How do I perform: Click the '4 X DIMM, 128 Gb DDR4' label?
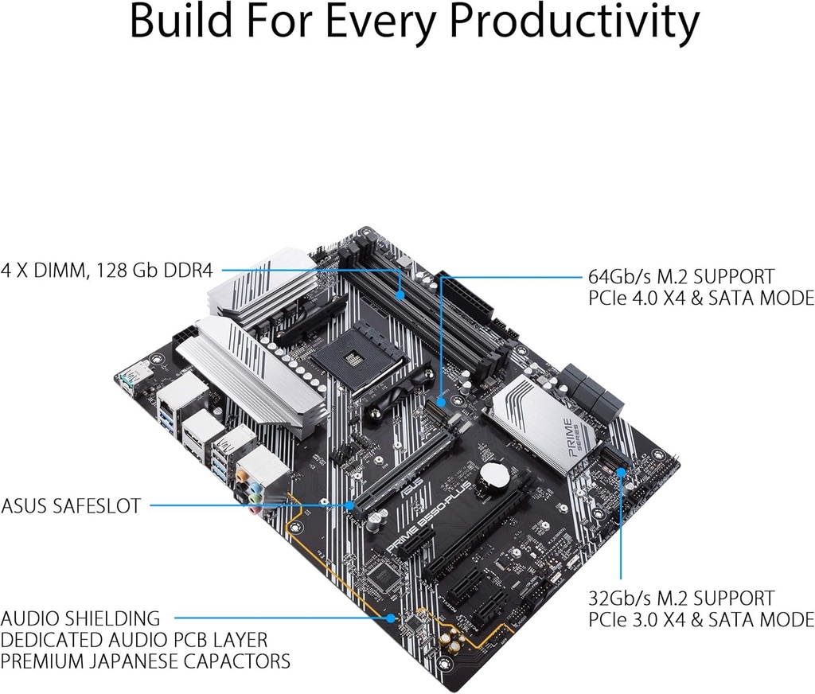107,271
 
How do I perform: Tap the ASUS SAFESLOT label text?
71,505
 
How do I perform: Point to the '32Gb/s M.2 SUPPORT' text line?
681,598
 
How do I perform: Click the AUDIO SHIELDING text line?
80,618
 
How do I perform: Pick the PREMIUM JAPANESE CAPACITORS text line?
145,661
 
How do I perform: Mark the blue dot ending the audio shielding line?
392,618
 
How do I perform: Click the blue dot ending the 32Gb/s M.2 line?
621,470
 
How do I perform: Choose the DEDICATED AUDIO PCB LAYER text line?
134,640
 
